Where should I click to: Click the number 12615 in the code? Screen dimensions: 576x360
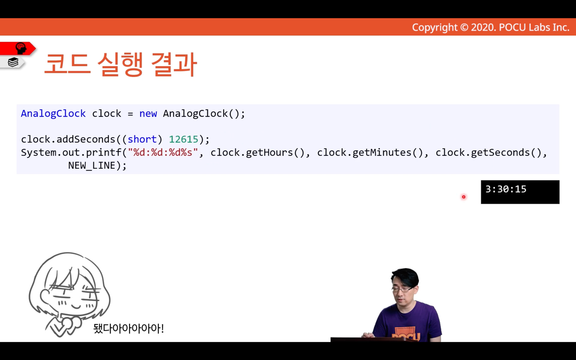click(184, 139)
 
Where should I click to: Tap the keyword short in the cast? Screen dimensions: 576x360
click(142, 139)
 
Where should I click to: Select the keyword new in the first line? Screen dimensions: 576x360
click(148, 114)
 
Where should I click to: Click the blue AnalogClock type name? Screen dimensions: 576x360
click(53, 114)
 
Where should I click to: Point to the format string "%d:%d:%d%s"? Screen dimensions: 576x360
click(163, 152)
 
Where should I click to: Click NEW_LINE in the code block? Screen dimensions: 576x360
click(92, 166)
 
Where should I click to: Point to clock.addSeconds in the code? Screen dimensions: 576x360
click(68, 139)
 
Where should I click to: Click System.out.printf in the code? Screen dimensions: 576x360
click(71, 153)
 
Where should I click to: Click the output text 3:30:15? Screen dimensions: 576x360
click(506, 189)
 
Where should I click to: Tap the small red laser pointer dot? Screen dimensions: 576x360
click(464, 197)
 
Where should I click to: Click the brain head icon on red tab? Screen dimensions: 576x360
click(21, 48)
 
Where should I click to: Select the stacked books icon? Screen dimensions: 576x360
click(13, 62)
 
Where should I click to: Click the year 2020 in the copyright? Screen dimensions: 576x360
click(484, 27)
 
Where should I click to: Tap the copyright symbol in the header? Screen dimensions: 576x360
click(464, 27)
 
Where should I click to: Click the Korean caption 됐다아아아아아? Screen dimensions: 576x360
click(129, 328)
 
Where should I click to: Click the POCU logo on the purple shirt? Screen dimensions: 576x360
click(406, 335)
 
